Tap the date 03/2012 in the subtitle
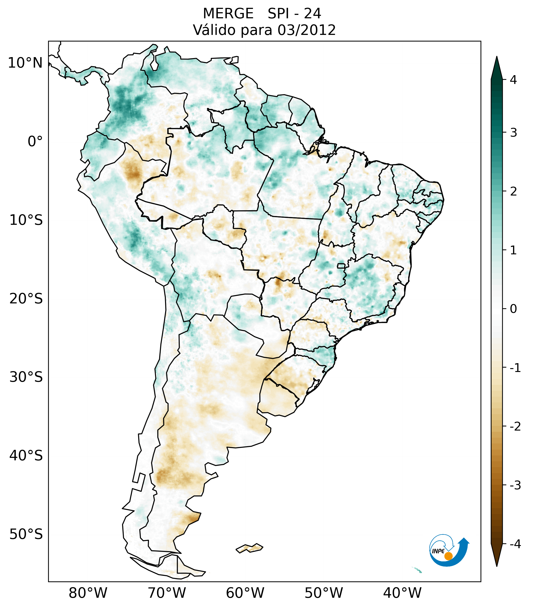click(307, 30)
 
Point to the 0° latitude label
click(35, 142)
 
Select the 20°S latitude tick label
click(26, 299)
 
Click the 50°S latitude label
click(26, 535)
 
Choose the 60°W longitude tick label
click(245, 593)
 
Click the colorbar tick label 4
click(513, 80)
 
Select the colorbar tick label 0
click(513, 309)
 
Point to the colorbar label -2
click(515, 427)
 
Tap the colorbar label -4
click(515, 544)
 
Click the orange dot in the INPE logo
click(448, 556)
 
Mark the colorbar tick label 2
click(513, 192)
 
